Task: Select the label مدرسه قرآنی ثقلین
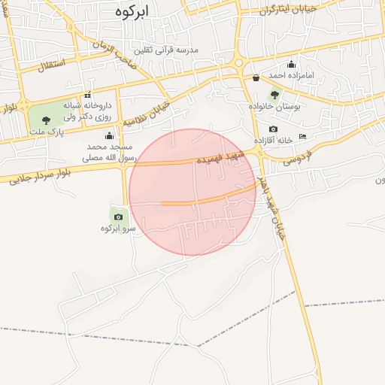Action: click(165, 50)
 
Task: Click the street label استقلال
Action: click(50, 65)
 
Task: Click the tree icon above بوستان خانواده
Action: click(274, 95)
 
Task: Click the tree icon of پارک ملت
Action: click(47, 120)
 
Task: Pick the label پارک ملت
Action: click(46, 132)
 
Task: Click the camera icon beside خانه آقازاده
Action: click(273, 129)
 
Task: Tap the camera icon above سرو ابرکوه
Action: click(118, 217)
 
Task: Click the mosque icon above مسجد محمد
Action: click(109, 135)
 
